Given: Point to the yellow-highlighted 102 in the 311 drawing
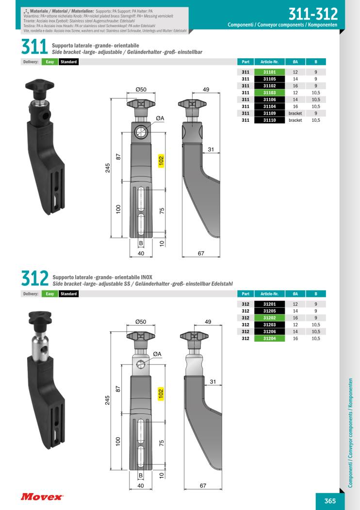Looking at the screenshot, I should pyautogui.click(x=161, y=161).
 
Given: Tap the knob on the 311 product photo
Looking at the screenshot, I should pyautogui.click(x=37, y=87).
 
